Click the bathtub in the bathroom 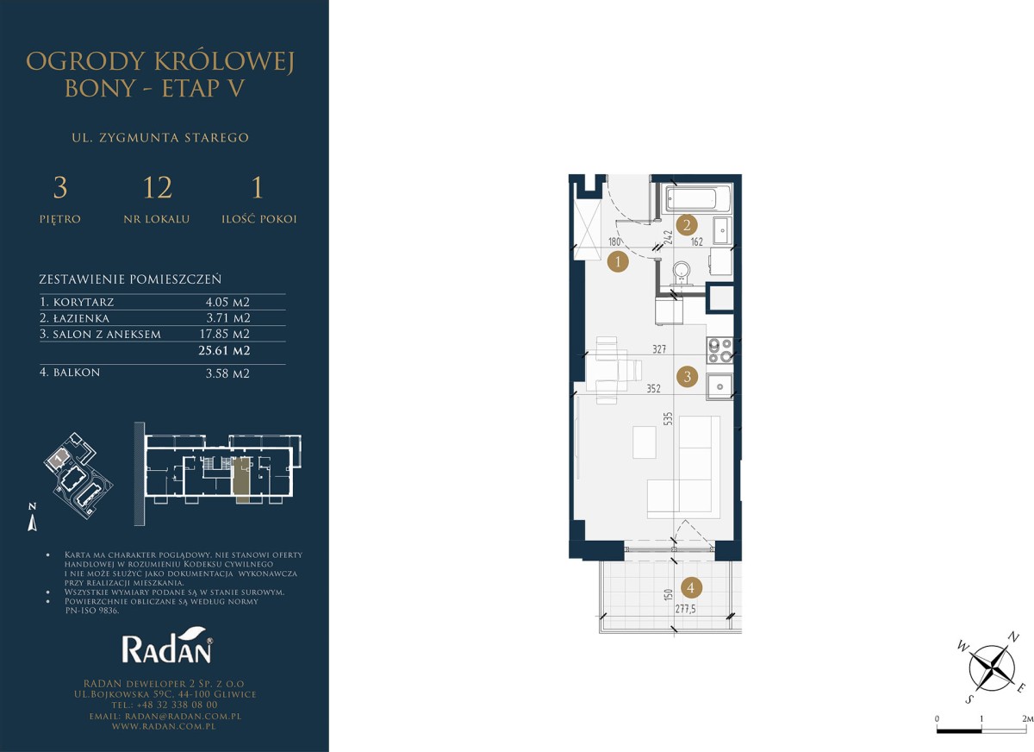tap(698, 198)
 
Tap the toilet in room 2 tap(682, 273)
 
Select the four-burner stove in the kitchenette tap(720, 351)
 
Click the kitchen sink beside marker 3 tap(719, 386)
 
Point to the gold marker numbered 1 tap(618, 262)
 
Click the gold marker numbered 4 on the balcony tap(691, 587)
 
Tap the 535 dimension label tap(668, 418)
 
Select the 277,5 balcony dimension tap(686, 609)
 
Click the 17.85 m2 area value tap(225, 334)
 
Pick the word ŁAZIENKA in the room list tap(81, 318)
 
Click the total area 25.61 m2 tap(224, 351)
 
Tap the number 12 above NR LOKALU tap(158, 187)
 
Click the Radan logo tap(166, 645)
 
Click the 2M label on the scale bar tap(1027, 718)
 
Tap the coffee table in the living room tap(645, 442)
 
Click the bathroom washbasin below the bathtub tap(722, 230)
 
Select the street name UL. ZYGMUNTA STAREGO tap(160, 138)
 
